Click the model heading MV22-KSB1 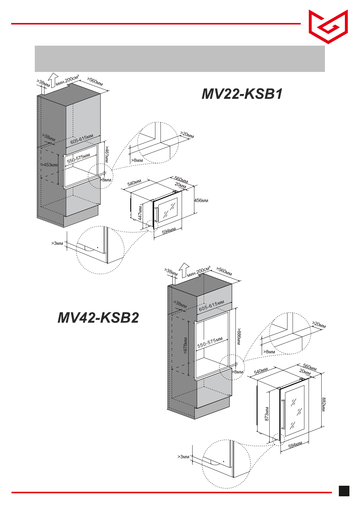pos(242,94)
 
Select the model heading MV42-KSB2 pos(98,318)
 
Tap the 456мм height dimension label pos(201,200)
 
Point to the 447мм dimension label pos(140,213)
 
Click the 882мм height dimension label pos(323,404)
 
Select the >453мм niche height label pos(50,165)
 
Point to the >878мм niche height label pos(185,345)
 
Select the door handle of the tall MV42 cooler pos(283,414)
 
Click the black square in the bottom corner pos(344,491)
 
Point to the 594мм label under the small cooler pos(169,231)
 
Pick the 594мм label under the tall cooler pos(295,445)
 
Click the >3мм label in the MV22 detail pos(57,243)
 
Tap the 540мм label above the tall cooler pos(261,371)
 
